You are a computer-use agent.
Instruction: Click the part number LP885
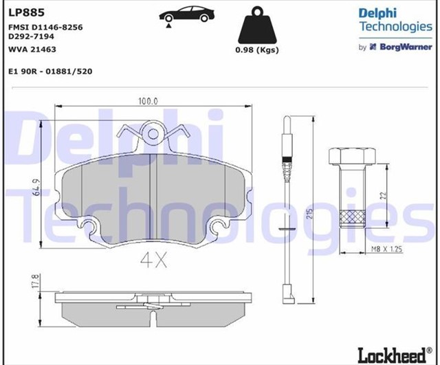coord(27,12)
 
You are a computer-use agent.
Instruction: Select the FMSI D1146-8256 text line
coord(46,27)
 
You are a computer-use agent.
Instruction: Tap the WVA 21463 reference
coord(32,49)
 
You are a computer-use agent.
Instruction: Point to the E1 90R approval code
coord(50,71)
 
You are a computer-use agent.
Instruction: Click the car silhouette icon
coord(186,14)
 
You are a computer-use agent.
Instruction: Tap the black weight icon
coord(257,25)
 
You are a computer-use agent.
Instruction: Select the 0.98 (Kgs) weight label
coord(257,50)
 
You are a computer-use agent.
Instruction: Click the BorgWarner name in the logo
coord(406,47)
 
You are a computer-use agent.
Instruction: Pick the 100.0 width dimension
coord(148,101)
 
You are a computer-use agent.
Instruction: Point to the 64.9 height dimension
coord(36,188)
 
